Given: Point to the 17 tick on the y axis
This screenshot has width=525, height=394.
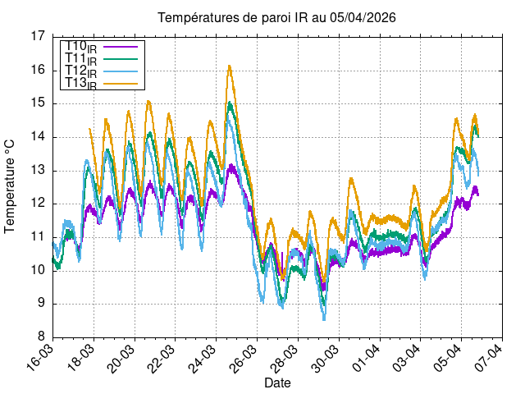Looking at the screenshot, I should pos(38,36).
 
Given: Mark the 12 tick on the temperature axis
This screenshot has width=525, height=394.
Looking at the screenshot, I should pos(38,204).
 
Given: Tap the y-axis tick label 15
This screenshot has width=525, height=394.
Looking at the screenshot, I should pos(38,103).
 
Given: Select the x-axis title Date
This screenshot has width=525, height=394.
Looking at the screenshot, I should pos(276,383).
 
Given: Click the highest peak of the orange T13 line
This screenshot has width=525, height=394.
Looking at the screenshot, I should pos(230,66).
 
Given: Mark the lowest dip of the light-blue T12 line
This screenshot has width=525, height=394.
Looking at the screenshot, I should pos(324,318).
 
